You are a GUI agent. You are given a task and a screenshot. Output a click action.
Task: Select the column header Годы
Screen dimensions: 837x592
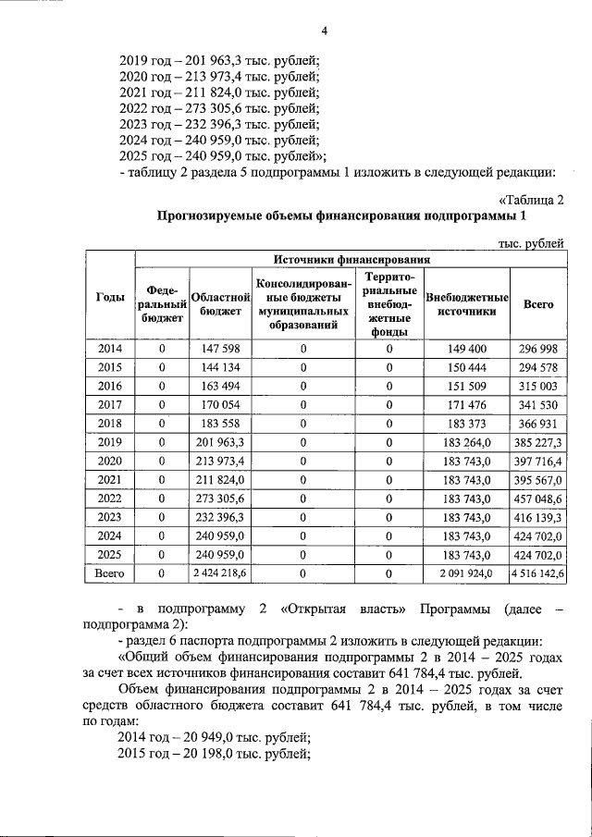pos(111,297)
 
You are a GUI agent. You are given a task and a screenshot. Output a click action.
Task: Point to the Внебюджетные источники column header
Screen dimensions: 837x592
pos(467,304)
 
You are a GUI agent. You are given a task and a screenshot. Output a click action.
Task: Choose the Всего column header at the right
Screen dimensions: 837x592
pos(538,303)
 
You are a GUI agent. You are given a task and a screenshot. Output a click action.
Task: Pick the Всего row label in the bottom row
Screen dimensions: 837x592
pos(111,573)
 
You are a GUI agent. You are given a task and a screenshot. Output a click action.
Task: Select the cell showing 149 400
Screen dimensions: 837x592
pos(467,349)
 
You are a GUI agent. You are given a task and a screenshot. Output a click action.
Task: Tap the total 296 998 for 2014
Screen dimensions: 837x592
pos(538,349)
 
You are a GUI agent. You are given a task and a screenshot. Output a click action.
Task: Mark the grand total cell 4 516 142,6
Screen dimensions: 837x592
pos(538,574)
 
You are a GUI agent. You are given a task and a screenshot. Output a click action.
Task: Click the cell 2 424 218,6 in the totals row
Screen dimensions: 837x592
pos(221,574)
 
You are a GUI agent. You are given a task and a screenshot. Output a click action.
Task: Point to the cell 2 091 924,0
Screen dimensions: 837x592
pos(467,574)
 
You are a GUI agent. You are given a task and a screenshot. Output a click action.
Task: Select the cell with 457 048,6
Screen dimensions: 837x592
pos(538,499)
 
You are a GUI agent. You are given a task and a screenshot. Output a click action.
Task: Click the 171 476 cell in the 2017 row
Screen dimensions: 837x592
pos(467,404)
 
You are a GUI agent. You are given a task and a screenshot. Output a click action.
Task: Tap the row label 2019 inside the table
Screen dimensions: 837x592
pos(111,442)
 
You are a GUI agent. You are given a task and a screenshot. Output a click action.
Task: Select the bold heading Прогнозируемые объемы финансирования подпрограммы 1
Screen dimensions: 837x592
pos(341,216)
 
